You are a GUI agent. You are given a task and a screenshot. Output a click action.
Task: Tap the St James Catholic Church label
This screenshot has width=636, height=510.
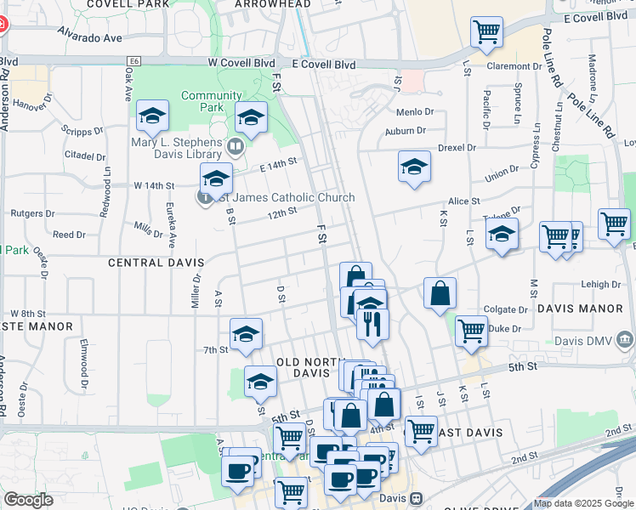point(287,198)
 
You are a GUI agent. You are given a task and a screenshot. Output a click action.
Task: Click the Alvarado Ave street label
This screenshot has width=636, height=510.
point(89,37)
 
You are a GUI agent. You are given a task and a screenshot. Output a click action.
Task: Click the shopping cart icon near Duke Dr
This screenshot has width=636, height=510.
point(471,331)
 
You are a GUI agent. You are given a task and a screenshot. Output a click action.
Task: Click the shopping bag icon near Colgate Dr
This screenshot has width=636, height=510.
point(440,293)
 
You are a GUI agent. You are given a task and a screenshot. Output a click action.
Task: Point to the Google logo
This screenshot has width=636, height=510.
point(28,500)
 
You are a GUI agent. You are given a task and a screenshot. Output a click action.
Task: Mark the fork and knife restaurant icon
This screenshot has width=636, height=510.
point(372,325)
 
